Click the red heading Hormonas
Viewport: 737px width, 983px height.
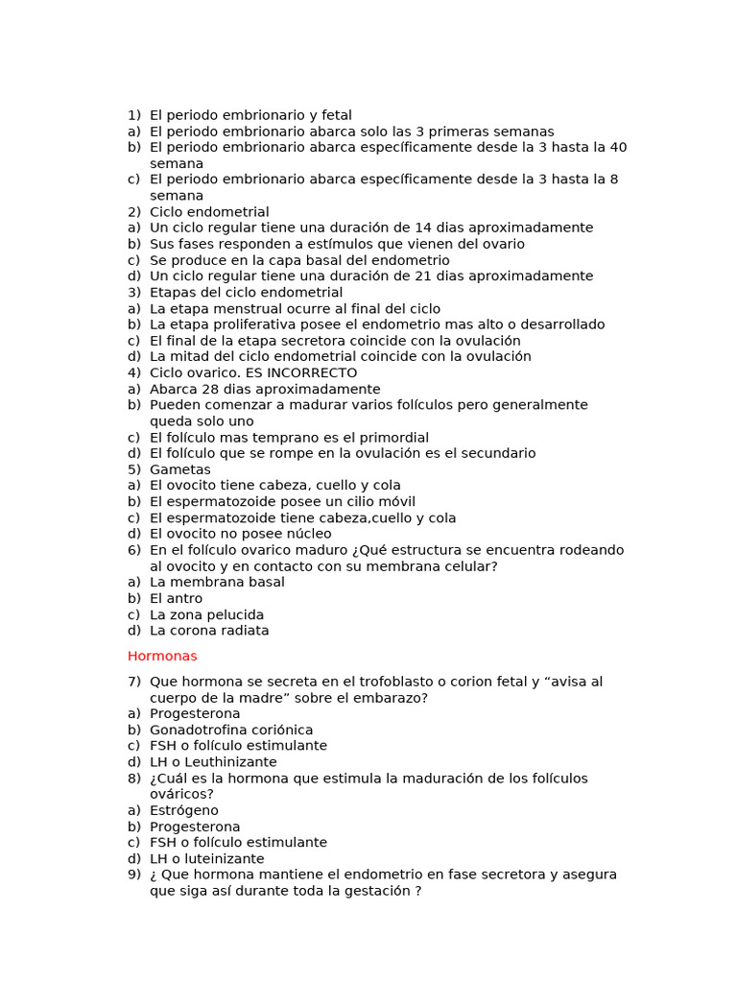tap(162, 657)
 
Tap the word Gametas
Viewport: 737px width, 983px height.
tap(180, 469)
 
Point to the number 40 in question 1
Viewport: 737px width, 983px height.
tap(619, 148)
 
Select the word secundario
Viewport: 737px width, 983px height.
tap(495, 453)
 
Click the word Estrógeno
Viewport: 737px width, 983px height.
tap(184, 810)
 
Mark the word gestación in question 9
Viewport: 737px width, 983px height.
tap(378, 891)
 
